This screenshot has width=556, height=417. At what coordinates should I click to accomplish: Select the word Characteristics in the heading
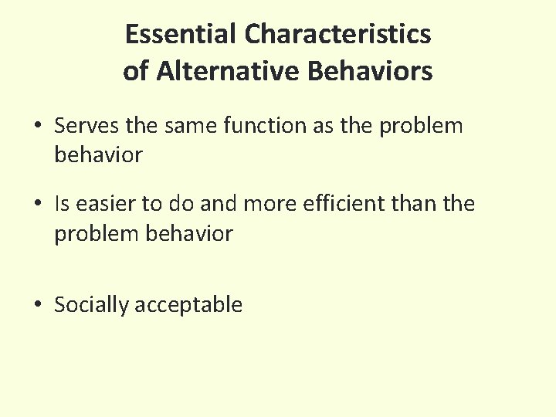337,35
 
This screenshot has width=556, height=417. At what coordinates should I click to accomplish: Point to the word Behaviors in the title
370,72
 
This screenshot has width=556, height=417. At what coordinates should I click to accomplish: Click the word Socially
91,305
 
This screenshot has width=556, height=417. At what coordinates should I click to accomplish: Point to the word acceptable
188,305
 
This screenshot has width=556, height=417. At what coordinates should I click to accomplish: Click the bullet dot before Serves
38,126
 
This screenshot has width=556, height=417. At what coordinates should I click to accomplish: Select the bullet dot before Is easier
38,205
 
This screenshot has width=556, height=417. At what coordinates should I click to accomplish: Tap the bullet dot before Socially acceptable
38,306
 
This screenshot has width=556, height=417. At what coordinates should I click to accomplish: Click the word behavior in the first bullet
98,154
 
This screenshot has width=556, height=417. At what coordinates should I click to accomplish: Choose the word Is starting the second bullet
62,204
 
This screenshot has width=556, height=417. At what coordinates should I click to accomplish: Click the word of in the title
136,72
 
